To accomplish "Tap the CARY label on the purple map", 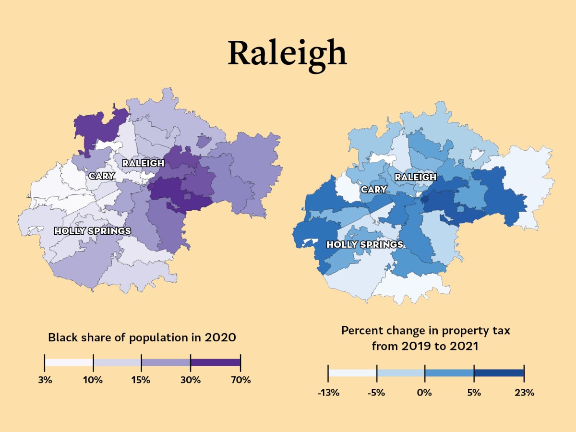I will [x=102, y=176].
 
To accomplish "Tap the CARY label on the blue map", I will [x=374, y=190].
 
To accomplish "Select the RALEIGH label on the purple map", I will [x=143, y=163].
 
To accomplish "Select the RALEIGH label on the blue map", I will [x=415, y=177].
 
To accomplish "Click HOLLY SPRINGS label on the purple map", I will [x=93, y=231].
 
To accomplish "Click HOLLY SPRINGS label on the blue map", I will [x=365, y=245].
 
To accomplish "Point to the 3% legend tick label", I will [x=45, y=380].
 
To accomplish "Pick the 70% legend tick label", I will [x=240, y=380].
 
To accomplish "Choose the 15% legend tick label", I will [x=141, y=380].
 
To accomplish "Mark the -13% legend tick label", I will [x=328, y=393].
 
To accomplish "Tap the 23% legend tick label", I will [x=524, y=393].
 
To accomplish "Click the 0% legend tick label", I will [x=425, y=393].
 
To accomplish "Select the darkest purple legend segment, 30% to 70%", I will [x=216, y=362].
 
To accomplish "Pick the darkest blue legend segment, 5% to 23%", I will [x=499, y=373].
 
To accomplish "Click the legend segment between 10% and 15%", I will [x=117, y=362].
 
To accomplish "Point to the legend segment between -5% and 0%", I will [x=401, y=373].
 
